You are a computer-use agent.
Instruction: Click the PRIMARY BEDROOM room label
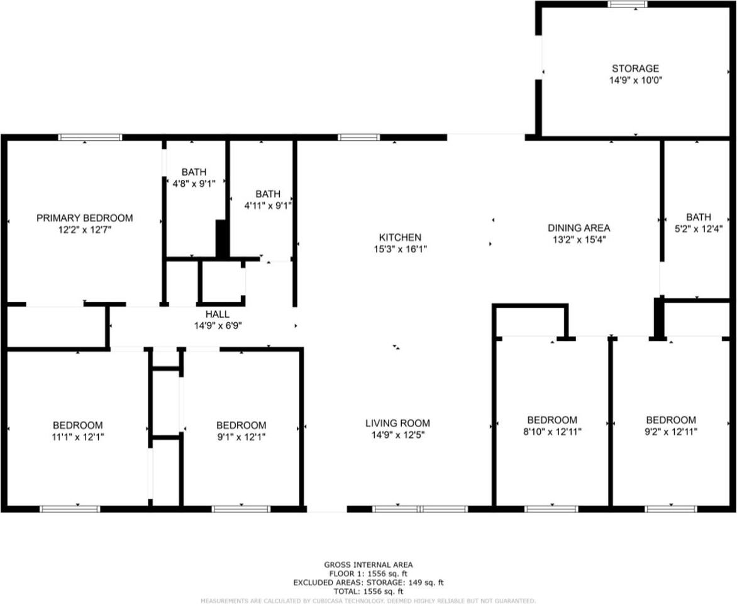click(84, 218)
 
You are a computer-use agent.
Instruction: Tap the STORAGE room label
click(635, 69)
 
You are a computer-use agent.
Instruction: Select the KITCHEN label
click(399, 237)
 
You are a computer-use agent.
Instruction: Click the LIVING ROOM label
click(397, 423)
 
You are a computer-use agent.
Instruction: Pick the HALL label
click(217, 314)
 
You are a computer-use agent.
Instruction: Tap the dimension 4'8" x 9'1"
click(194, 184)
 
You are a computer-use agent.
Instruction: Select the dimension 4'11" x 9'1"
click(268, 205)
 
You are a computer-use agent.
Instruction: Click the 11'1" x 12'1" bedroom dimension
click(77, 437)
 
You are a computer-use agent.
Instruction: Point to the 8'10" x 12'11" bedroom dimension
click(551, 432)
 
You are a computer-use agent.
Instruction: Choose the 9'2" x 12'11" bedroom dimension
click(671, 432)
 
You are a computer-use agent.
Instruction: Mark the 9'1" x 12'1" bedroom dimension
click(241, 437)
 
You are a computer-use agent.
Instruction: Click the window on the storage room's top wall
click(627, 4)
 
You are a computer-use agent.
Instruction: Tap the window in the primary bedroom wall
click(90, 137)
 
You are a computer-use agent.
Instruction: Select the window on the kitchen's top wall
click(358, 137)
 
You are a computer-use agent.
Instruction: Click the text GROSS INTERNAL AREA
click(368, 565)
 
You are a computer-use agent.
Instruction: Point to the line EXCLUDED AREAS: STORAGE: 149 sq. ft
click(368, 583)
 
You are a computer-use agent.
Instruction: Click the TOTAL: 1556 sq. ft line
click(368, 591)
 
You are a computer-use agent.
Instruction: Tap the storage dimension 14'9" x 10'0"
click(635, 80)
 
